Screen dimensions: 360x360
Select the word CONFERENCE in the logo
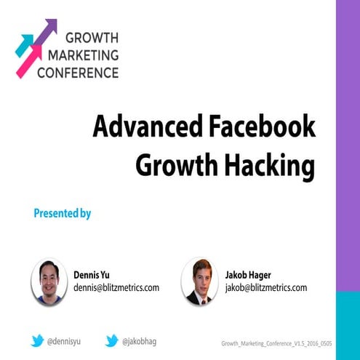click(78, 72)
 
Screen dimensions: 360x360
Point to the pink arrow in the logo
click(28, 61)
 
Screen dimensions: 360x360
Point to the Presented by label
click(62, 213)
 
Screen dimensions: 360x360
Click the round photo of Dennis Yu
click(49, 280)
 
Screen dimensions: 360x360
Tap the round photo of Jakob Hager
click(199, 280)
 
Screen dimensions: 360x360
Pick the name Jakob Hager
click(248, 275)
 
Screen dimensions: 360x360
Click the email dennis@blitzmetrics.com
click(116, 287)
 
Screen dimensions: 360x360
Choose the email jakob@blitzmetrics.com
click(265, 287)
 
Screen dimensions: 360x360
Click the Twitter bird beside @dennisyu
click(37, 340)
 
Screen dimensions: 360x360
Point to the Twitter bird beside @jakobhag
click(112, 340)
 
